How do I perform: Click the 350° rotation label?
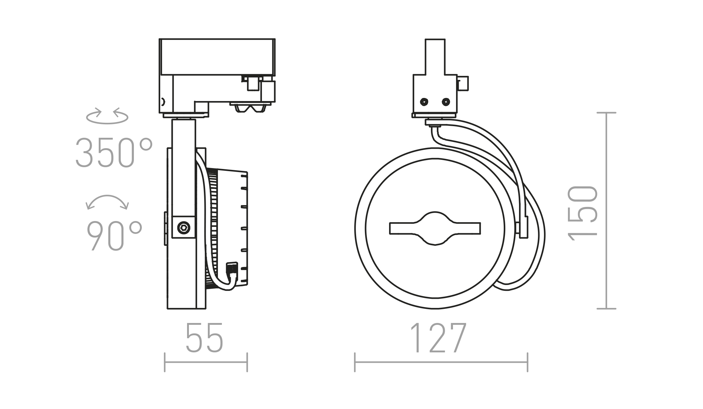(x=114, y=152)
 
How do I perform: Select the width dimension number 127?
(x=439, y=338)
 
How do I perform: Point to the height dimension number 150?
(x=582, y=213)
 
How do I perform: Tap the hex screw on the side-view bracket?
(x=184, y=227)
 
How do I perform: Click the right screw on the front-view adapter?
(x=446, y=102)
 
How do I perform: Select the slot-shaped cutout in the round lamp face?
(x=435, y=228)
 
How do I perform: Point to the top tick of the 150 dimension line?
(x=606, y=113)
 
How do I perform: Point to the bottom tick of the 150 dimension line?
(x=606, y=309)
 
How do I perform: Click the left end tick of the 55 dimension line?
(x=165, y=362)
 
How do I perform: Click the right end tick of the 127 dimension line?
(x=528, y=362)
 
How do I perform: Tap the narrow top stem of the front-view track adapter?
(x=435, y=57)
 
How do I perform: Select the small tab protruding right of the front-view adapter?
(x=463, y=84)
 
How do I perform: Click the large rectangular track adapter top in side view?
(x=217, y=57)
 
